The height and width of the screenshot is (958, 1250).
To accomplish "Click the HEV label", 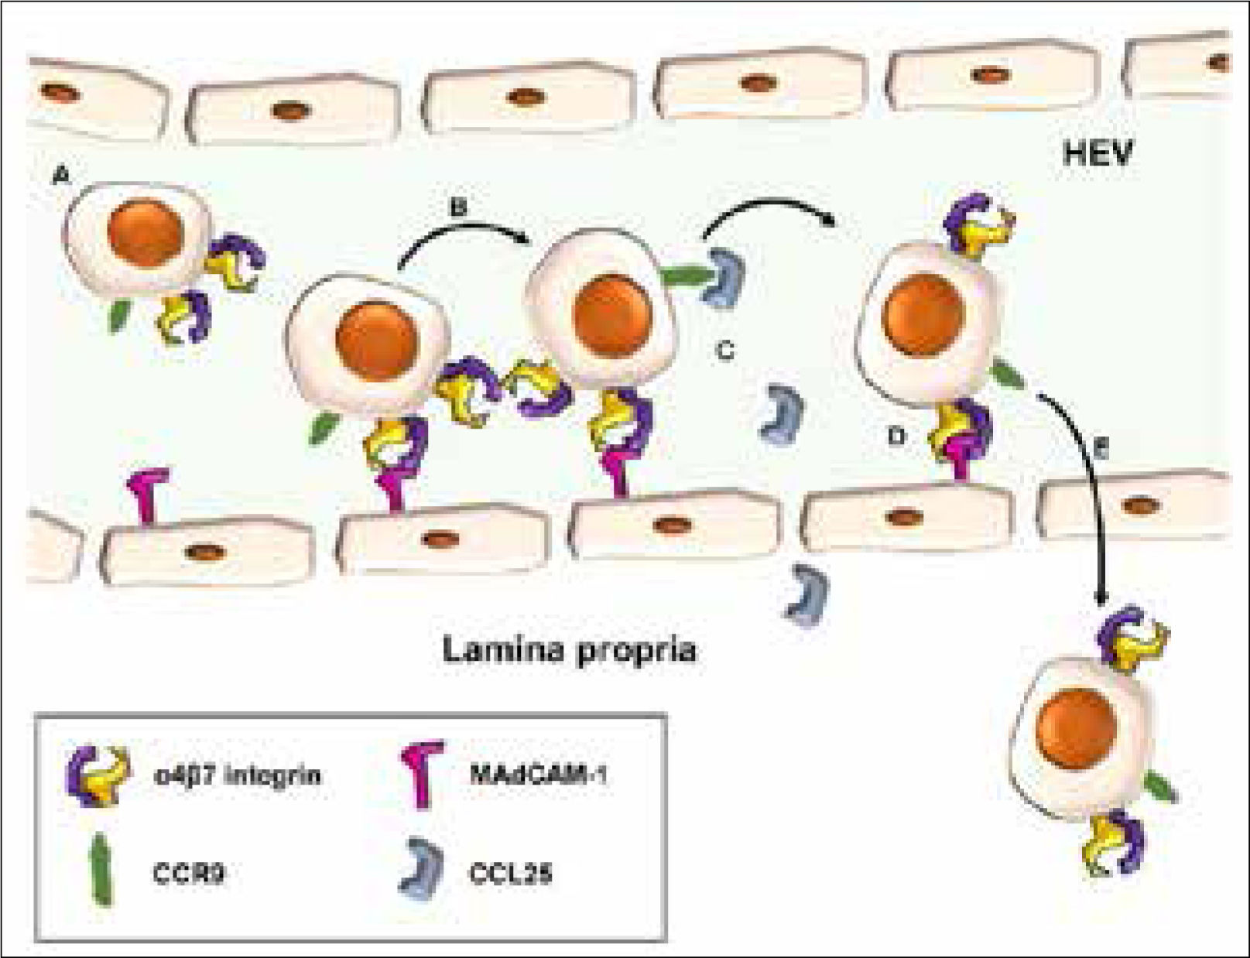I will pos(1098,154).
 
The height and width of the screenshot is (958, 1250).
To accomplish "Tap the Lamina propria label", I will pos(570,650).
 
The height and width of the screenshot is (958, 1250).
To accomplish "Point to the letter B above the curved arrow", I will pos(459,207).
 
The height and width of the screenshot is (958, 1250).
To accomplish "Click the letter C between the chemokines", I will pos(724,351).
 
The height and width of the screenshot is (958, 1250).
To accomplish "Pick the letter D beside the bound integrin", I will pos(896,436).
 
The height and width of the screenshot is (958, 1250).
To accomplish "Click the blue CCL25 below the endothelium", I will pos(807,594).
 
